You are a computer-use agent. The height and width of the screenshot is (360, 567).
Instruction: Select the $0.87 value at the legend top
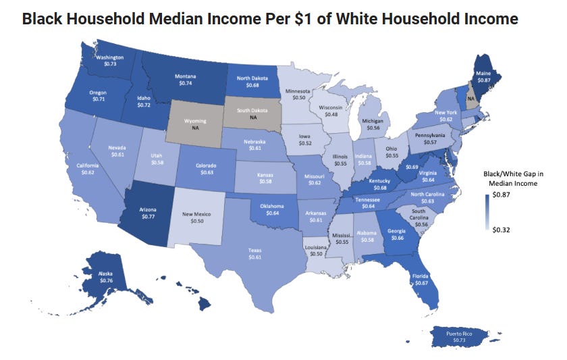503,195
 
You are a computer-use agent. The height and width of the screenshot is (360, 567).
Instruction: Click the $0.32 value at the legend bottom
503,230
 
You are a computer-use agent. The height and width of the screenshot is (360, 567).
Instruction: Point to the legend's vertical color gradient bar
487,213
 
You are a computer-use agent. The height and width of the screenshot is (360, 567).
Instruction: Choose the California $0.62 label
87,169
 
